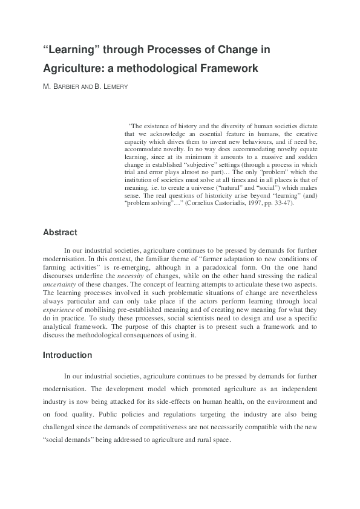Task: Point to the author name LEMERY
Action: point(116,87)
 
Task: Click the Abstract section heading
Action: point(60,232)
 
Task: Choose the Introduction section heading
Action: point(67,355)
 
